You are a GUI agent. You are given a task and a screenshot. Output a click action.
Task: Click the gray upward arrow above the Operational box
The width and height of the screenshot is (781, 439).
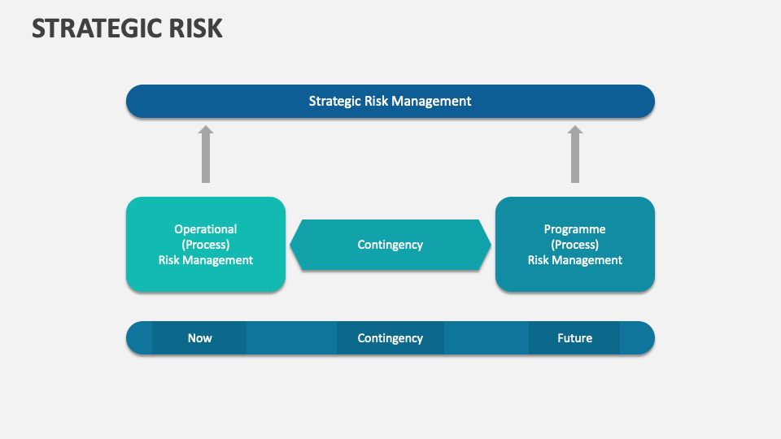[x=206, y=158]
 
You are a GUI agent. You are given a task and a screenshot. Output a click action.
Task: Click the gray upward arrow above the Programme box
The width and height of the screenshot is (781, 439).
[x=575, y=158]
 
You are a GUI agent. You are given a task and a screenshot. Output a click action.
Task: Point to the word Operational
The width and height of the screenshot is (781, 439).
[x=206, y=229]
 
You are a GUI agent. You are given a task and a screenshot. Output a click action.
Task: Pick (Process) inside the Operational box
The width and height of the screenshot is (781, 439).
[x=206, y=245]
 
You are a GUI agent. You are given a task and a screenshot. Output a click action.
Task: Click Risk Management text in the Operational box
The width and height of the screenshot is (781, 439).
[x=206, y=260]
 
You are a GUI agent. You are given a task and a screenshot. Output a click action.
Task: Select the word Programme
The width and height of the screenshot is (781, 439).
[x=575, y=229]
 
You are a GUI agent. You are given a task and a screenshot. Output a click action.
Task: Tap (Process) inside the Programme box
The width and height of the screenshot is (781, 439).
[x=575, y=245]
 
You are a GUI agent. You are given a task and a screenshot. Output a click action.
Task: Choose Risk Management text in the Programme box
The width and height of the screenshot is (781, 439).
[x=575, y=260]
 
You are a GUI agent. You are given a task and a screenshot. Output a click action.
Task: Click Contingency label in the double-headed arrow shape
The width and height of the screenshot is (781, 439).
[x=390, y=245]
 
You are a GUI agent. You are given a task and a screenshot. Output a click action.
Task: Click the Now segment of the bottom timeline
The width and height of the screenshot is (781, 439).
[x=199, y=338]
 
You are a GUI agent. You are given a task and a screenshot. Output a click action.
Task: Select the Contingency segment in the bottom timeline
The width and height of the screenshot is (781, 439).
[x=390, y=338]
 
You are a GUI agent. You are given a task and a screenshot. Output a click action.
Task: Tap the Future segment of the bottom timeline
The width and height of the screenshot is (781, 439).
[x=574, y=338]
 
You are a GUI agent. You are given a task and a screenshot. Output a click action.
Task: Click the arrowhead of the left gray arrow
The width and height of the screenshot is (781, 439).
[x=206, y=130]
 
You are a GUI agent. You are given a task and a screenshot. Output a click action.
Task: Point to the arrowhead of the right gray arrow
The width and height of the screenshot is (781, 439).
[x=575, y=130]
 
